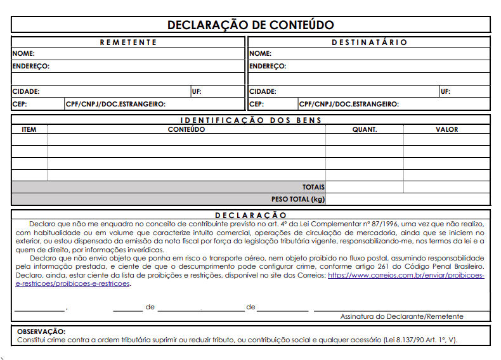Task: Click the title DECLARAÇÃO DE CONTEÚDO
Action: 251,25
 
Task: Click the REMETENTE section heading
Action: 128,42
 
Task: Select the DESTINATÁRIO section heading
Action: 369,42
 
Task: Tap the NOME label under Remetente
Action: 23,54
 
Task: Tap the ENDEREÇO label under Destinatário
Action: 267,66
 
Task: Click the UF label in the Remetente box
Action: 196,91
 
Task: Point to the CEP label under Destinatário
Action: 256,104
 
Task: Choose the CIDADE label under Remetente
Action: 25,91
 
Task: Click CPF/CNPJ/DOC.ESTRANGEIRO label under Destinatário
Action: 349,104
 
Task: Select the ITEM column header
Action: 29,129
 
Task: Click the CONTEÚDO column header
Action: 186,129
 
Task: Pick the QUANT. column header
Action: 365,129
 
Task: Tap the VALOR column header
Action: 446,129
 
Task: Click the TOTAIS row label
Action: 313,187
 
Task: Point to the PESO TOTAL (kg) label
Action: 298,199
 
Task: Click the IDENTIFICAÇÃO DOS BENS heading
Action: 251,120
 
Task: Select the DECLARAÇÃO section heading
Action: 251,215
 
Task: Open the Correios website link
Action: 406,276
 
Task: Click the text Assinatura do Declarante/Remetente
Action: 401,316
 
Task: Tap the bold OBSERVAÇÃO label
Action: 41,331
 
